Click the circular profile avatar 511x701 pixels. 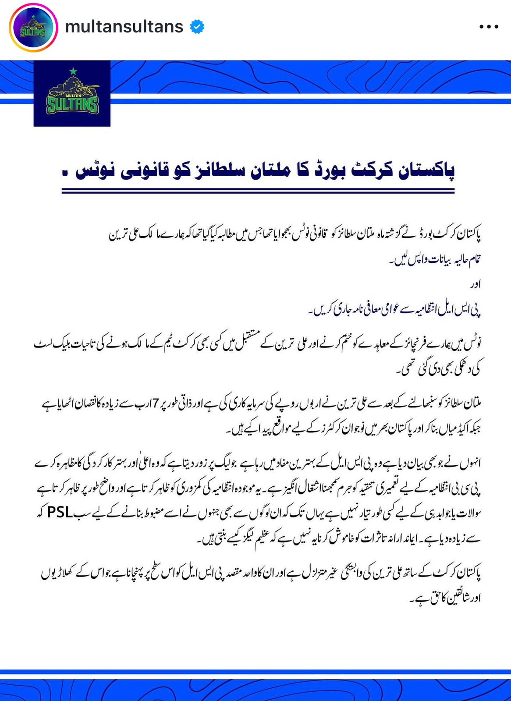(33, 27)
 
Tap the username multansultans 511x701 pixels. (124, 27)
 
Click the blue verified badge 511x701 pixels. (197, 27)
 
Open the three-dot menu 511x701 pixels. (489, 27)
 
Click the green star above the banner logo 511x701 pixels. (73, 71)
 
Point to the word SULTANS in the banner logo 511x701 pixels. (72, 105)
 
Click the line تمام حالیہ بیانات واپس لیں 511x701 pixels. (434, 260)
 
